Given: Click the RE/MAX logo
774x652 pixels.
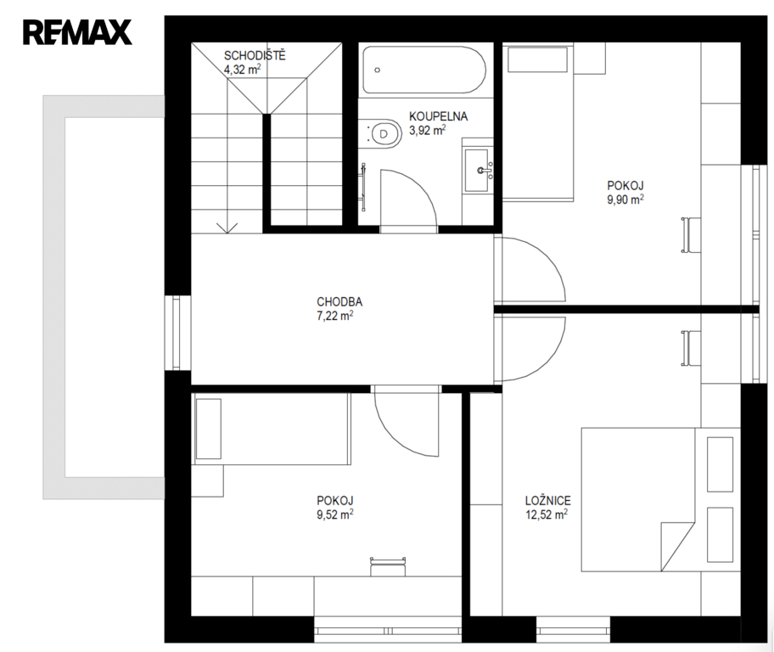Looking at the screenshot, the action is (77, 32).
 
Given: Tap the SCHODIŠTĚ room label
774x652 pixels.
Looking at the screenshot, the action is (255, 55).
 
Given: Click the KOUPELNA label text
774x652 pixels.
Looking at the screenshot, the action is (438, 116).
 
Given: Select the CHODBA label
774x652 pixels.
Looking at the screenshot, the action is (339, 301).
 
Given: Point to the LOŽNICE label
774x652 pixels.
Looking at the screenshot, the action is (548, 500).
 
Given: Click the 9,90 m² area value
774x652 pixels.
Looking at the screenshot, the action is (625, 199).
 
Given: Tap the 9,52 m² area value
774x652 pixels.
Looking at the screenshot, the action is (335, 514).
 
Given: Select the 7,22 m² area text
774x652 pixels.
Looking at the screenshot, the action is (335, 315).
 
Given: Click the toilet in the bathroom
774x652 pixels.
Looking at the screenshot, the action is (383, 133).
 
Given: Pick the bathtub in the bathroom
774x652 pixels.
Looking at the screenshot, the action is (424, 70).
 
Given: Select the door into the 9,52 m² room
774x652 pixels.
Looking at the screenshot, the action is (407, 421).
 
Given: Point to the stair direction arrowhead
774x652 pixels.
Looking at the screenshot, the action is (227, 228).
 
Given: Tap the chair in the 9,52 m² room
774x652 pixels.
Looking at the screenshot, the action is (388, 566).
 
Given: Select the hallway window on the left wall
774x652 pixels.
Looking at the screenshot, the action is (177, 333).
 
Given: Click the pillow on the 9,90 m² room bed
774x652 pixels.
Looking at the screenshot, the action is (537, 59).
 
